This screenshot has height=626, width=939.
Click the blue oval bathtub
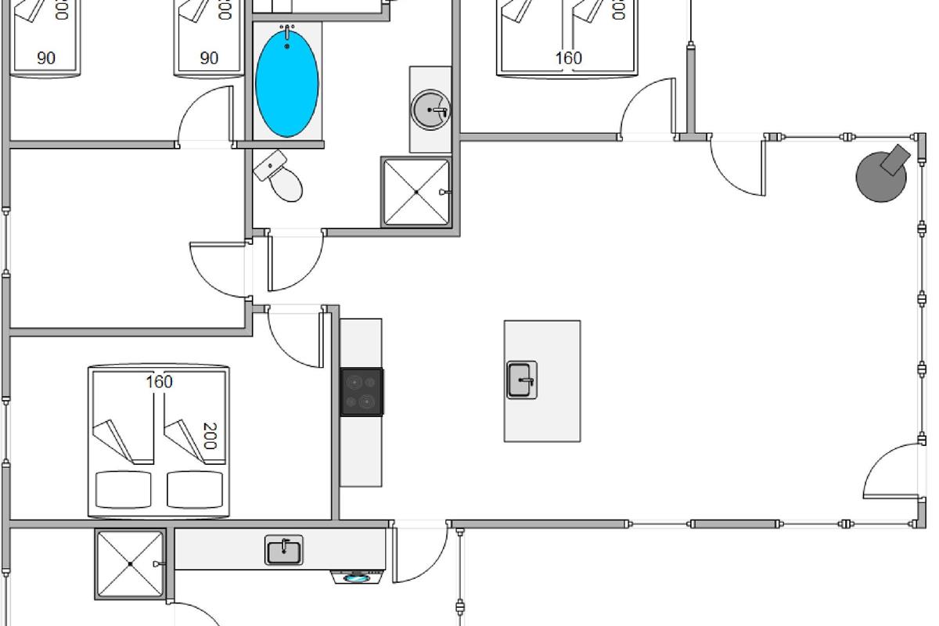click(287, 82)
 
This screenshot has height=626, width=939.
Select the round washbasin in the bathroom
click(430, 110)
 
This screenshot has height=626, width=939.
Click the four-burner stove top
click(362, 392)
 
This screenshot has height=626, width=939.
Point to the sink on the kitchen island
click(522, 380)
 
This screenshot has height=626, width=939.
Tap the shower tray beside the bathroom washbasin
click(416, 192)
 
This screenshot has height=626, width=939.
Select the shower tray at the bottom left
click(130, 564)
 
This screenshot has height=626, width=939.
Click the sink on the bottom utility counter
click(283, 550)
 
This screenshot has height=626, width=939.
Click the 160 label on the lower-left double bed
click(159, 382)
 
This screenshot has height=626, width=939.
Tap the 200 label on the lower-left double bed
click(209, 436)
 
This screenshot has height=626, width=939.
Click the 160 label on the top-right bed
click(569, 58)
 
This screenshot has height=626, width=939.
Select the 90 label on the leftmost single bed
click(46, 58)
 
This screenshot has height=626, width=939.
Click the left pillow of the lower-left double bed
click(124, 490)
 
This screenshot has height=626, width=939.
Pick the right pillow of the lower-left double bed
click(195, 490)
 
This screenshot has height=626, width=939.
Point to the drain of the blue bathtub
click(287, 46)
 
